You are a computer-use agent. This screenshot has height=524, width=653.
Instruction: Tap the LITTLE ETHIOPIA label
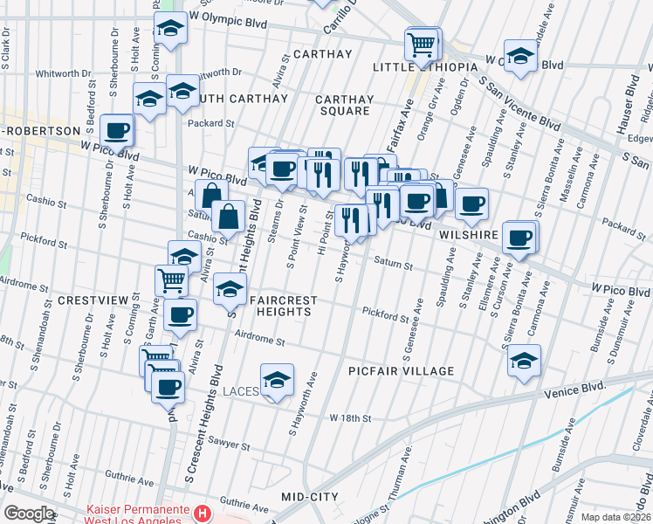425,67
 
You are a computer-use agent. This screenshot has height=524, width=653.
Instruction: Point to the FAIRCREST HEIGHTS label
281,307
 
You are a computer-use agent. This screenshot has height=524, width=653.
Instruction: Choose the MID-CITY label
310,496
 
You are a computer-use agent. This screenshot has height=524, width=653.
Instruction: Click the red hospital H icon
203,513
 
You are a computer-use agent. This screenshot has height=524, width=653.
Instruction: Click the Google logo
29,514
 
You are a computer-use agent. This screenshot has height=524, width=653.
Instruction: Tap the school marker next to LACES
278,380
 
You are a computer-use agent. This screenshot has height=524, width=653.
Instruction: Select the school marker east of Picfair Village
524,360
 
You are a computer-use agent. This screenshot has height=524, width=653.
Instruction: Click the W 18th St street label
351,418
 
